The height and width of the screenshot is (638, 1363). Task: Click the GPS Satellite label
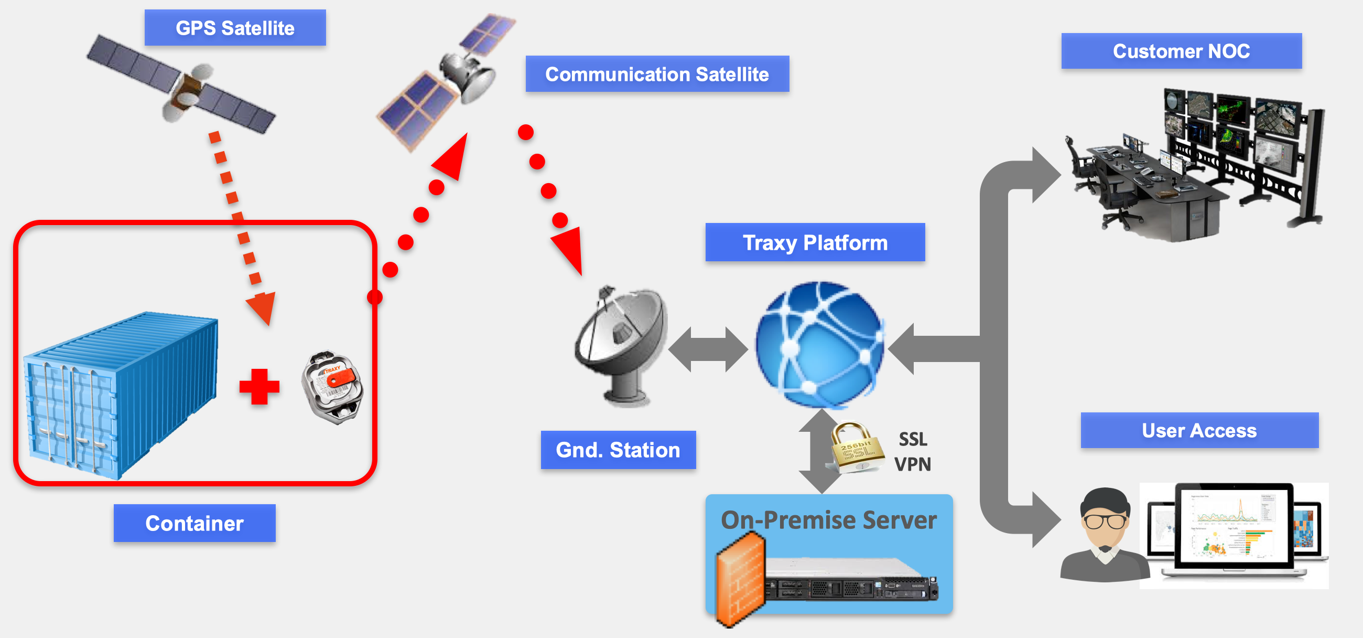click(235, 27)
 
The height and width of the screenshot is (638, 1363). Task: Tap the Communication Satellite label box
click(657, 74)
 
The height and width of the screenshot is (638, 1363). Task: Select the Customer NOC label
click(1181, 51)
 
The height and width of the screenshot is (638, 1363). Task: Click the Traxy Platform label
click(815, 242)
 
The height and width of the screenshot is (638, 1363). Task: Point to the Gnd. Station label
click(618, 450)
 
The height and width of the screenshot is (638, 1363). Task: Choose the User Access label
click(1199, 430)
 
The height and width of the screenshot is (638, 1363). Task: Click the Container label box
click(194, 523)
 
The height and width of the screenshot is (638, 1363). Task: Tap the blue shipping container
click(122, 395)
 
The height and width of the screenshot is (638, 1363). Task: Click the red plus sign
click(259, 387)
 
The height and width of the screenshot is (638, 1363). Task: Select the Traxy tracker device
click(333, 387)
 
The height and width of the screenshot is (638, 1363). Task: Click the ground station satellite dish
click(622, 344)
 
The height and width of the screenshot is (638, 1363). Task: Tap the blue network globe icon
click(819, 344)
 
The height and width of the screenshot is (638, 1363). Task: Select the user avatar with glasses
click(1104, 535)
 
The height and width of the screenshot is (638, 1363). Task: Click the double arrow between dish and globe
click(708, 349)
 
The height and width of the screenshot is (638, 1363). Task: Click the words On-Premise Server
click(829, 520)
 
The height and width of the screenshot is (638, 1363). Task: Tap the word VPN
click(913, 464)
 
